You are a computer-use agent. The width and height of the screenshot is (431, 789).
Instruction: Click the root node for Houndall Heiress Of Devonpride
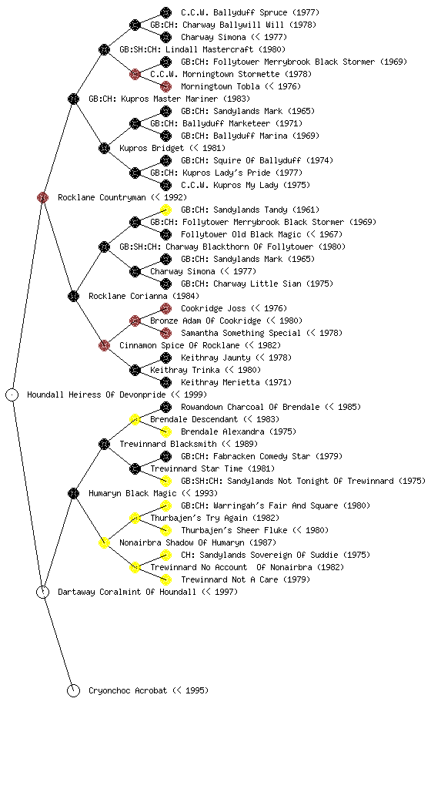(x=12, y=394)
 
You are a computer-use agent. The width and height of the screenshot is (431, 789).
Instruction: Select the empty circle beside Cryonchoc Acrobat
(x=73, y=690)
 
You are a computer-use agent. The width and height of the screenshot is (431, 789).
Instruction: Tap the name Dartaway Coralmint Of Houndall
(x=127, y=592)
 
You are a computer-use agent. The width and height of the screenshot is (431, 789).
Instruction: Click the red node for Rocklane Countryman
(x=42, y=197)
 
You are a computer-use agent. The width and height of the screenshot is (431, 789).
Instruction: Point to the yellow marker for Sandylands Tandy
(x=165, y=210)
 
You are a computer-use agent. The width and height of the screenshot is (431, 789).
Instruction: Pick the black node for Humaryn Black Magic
(x=73, y=493)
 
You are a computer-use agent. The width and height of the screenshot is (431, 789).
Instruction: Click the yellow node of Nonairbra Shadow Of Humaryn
(x=104, y=542)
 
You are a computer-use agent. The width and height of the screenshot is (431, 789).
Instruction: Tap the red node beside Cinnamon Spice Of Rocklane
(x=104, y=345)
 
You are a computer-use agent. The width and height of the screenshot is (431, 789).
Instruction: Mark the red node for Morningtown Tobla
(x=165, y=86)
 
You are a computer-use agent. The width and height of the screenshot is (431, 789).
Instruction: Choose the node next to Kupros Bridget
(x=104, y=148)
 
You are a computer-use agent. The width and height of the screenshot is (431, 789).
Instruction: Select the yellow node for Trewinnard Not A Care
(x=165, y=579)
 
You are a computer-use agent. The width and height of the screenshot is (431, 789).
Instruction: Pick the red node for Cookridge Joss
(x=165, y=308)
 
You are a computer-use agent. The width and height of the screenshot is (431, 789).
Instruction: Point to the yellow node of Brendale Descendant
(x=135, y=419)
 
